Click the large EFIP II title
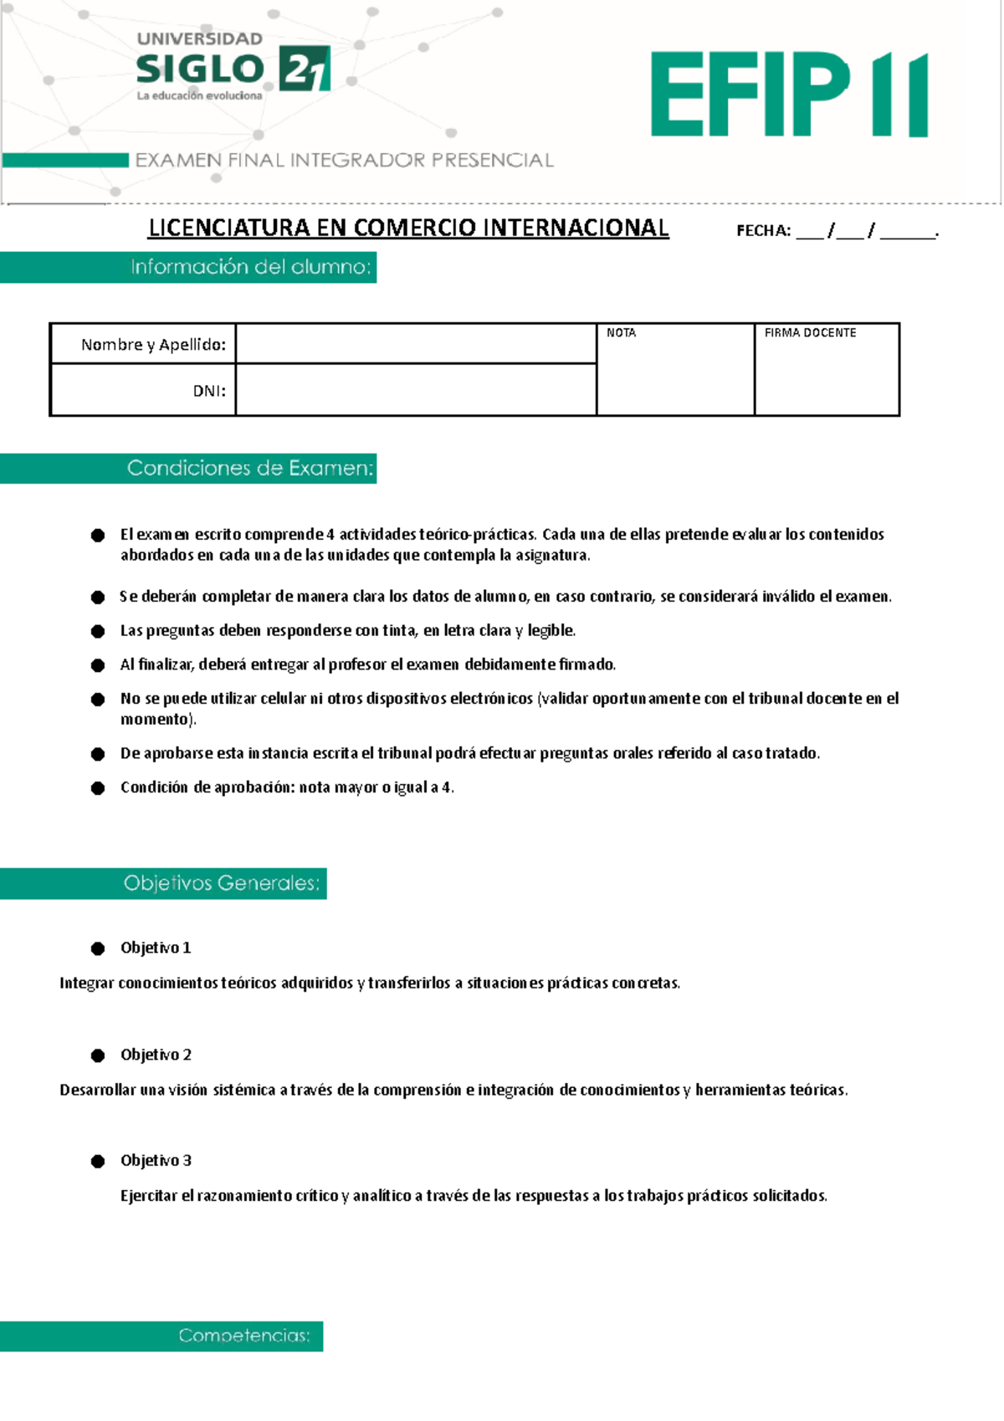tap(789, 94)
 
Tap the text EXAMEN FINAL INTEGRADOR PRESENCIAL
tap(344, 160)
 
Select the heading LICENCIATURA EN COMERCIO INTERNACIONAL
tap(408, 228)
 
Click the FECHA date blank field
tap(866, 232)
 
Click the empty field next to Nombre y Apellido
tap(416, 344)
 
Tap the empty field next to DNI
tap(416, 390)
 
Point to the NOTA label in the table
tap(621, 333)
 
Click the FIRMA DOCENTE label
tap(810, 333)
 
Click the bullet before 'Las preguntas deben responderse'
tap(98, 631)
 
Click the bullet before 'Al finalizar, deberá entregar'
tap(98, 665)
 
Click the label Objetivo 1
tap(156, 947)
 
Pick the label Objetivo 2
tap(156, 1054)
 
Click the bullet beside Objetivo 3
tap(98, 1161)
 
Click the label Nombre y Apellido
tap(153, 345)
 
